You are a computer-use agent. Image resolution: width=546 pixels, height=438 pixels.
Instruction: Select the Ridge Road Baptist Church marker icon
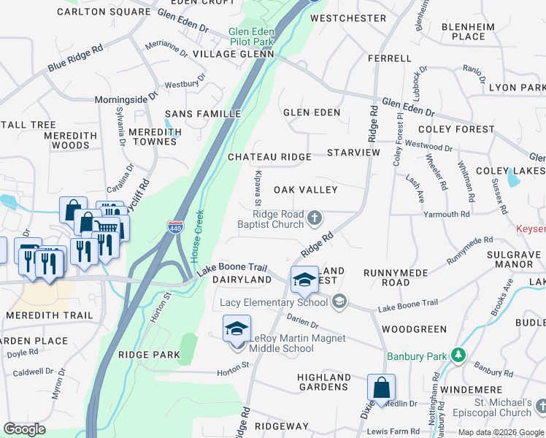[315, 218]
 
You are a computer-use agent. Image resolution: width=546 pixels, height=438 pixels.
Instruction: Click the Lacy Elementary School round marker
[339, 301]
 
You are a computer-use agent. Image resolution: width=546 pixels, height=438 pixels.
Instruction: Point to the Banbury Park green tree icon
[458, 356]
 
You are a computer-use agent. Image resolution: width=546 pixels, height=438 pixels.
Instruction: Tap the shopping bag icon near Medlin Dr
[381, 388]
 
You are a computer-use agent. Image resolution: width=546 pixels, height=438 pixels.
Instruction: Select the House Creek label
[196, 237]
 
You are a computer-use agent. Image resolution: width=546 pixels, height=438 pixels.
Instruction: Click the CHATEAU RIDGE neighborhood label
[269, 157]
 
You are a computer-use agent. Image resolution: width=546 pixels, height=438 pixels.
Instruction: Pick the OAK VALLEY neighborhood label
[305, 190]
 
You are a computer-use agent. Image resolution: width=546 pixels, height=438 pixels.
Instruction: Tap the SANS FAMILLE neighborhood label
[203, 114]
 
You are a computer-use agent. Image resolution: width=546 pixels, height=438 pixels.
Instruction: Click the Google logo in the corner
[24, 429]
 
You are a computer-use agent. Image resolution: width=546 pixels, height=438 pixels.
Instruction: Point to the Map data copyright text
[501, 432]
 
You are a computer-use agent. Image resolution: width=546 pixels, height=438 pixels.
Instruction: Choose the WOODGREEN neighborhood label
[413, 329]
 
